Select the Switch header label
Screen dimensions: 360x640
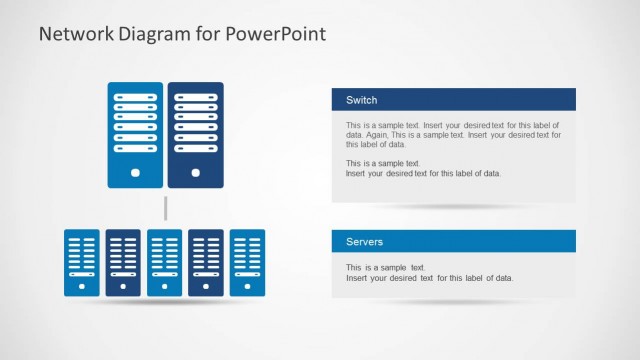point(361,100)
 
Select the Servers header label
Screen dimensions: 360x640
point(364,242)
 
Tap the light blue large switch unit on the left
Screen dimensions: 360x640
point(135,135)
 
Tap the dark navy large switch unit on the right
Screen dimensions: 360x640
point(195,135)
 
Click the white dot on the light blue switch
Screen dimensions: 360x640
point(135,173)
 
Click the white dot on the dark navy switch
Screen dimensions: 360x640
point(195,173)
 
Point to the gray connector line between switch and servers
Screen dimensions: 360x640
point(165,209)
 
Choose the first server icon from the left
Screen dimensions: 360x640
point(82,263)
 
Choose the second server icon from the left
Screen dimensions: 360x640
point(123,263)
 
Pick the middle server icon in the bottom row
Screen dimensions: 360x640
point(165,263)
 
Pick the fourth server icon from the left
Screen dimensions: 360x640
point(206,263)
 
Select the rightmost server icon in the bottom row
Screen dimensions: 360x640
point(247,263)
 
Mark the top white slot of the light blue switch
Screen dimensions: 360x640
point(135,96)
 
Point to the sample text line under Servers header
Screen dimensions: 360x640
point(385,268)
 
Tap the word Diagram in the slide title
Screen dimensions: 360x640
point(146,34)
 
